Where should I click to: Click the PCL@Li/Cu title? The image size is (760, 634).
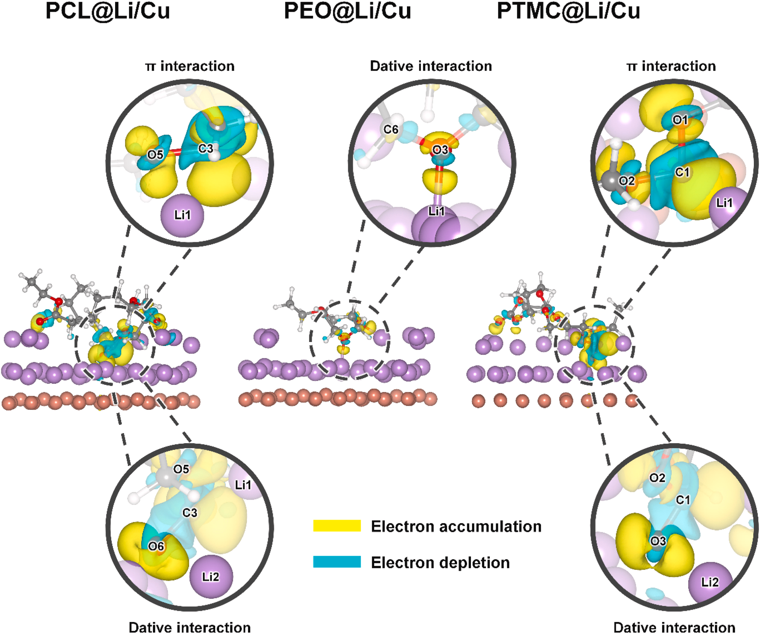coord(108,11)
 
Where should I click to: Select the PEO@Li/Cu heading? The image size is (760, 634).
coord(347,11)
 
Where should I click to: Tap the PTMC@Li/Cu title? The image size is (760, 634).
coord(568,11)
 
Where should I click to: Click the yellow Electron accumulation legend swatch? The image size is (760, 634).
coord(337,526)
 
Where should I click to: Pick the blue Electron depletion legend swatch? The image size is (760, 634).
coord(337,562)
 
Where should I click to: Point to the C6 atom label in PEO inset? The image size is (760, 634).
coord(391,129)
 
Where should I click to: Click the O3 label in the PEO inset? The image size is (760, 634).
coord(440,150)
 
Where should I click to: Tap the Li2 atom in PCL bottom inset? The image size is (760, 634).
coord(211,576)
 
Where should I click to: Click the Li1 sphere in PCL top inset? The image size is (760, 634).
coord(182,215)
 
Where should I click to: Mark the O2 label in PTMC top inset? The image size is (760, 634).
coord(626,180)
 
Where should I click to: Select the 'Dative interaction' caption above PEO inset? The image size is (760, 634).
coord(431,66)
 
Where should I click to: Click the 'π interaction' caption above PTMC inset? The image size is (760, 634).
coord(671,66)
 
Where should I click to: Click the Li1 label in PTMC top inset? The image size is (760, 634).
coord(724,203)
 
